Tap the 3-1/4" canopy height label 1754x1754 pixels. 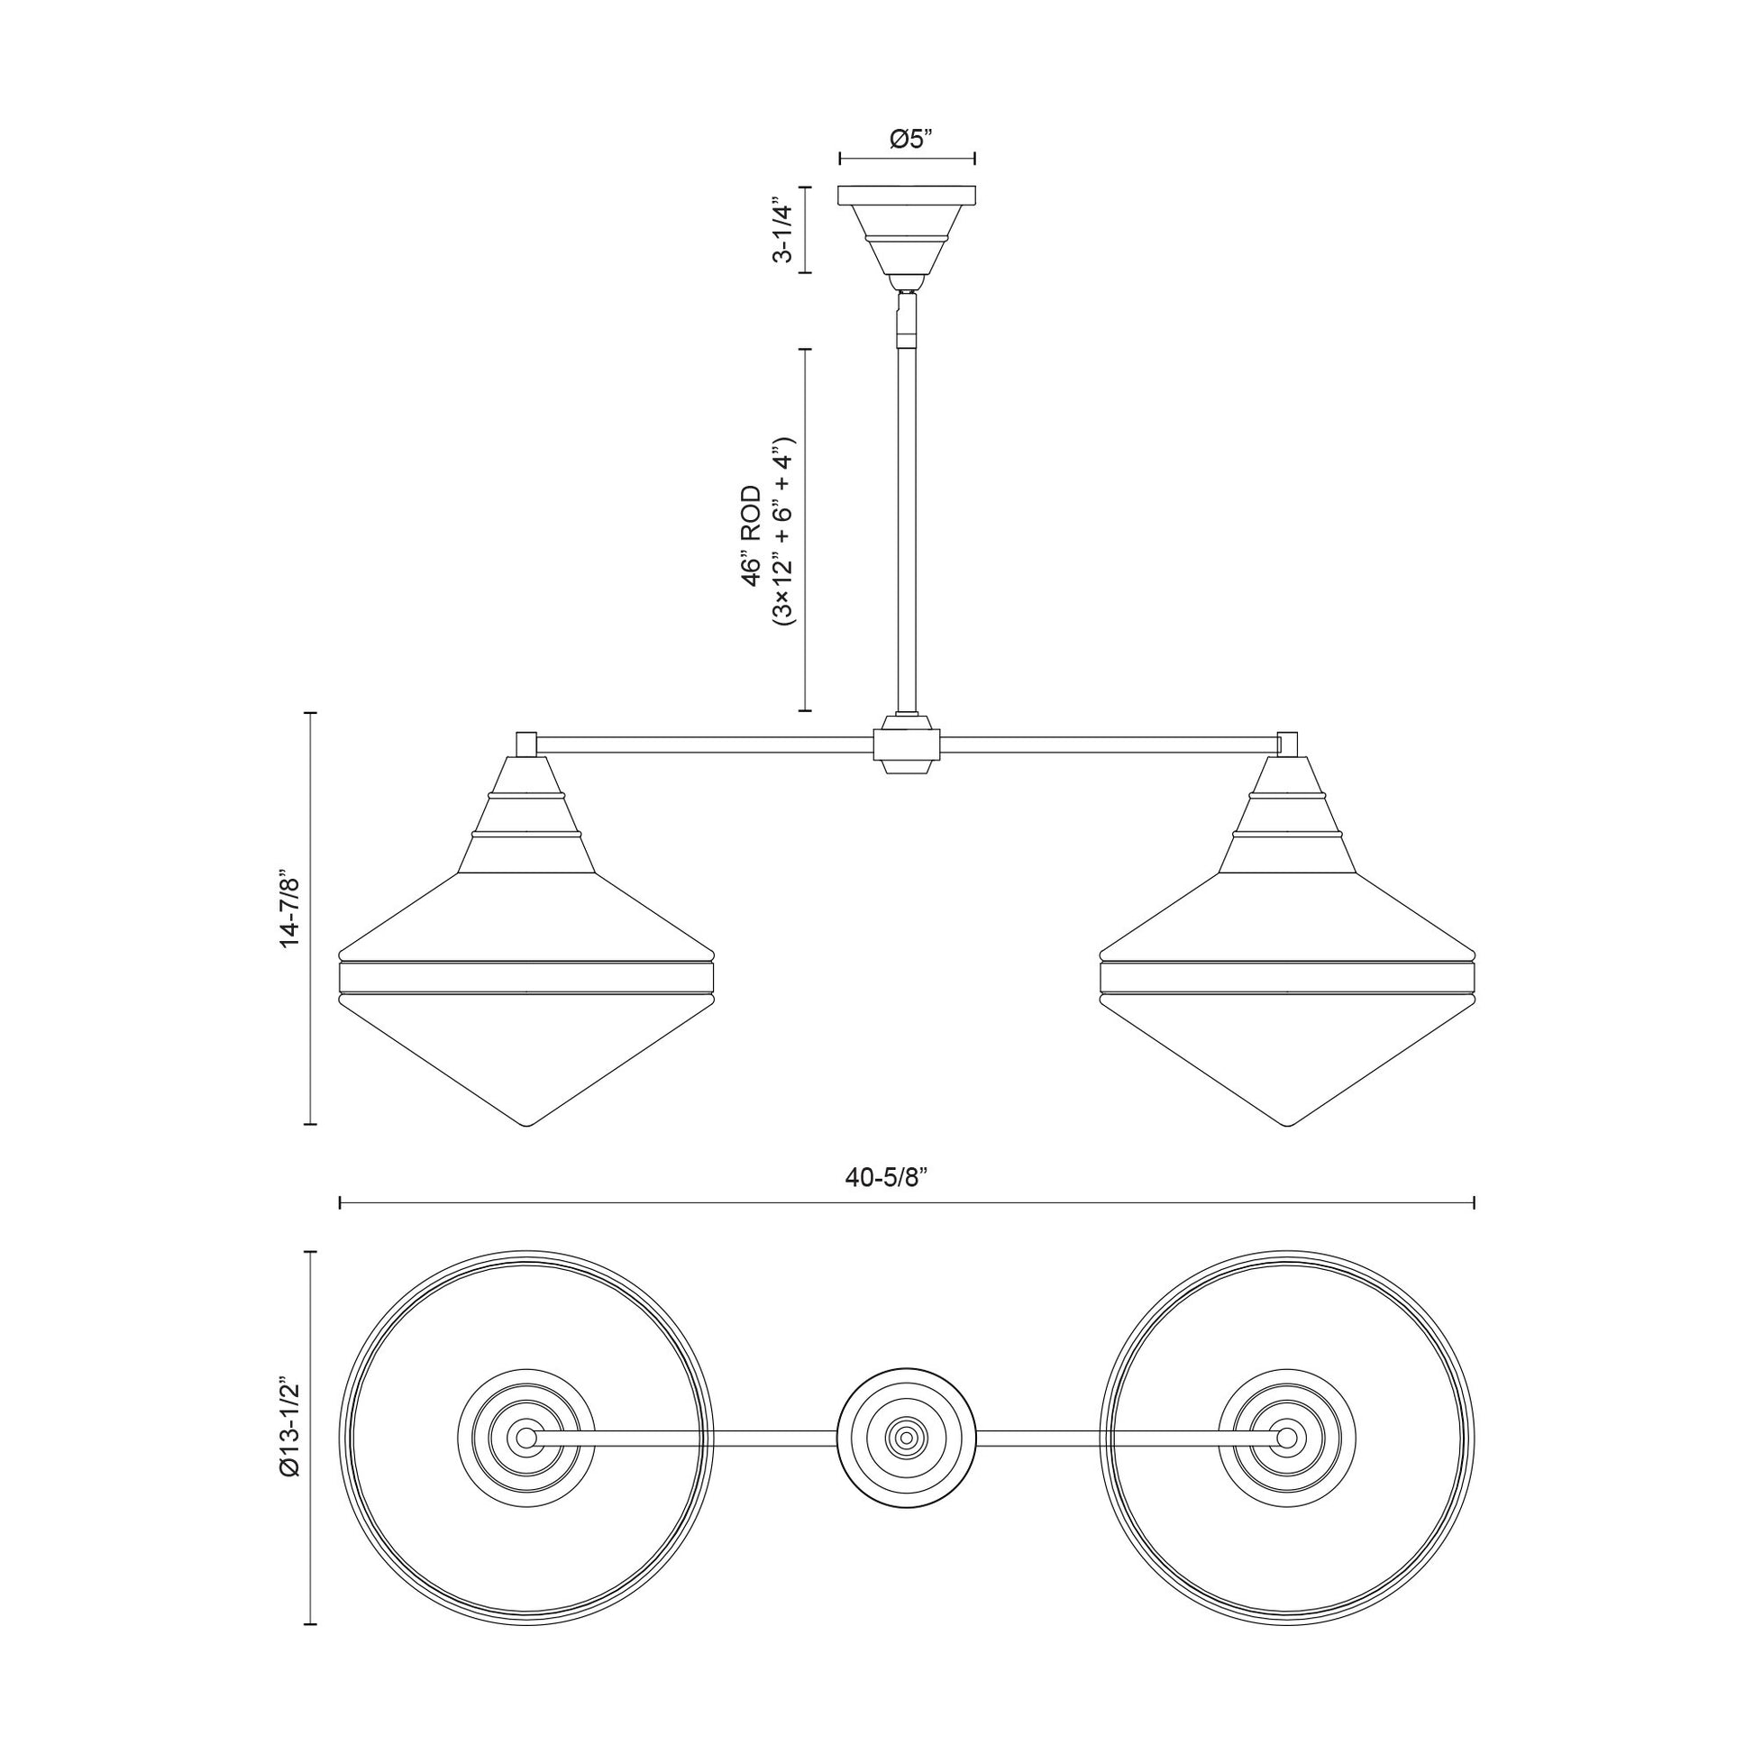coord(781,230)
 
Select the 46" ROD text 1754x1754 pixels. coord(752,536)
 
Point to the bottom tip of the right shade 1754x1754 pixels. coord(1287,1126)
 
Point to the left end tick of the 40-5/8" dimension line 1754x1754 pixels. coord(340,1203)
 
